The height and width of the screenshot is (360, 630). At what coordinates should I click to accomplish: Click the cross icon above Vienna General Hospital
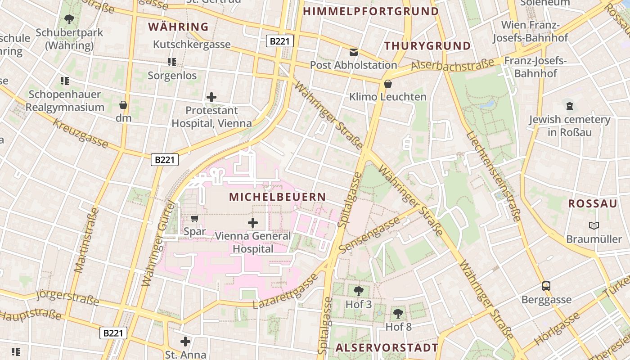click(x=253, y=222)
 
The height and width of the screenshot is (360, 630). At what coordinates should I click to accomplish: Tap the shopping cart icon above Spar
click(x=194, y=219)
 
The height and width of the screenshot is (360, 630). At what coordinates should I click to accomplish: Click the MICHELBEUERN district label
click(x=277, y=197)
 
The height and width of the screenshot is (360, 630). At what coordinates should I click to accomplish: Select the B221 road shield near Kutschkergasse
click(x=280, y=41)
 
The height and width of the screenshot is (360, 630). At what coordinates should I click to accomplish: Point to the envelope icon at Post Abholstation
click(x=354, y=52)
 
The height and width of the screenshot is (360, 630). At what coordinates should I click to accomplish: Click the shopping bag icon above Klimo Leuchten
click(x=387, y=84)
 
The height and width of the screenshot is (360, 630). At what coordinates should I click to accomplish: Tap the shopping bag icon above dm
click(x=123, y=105)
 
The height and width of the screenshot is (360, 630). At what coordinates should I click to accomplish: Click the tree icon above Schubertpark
click(x=69, y=19)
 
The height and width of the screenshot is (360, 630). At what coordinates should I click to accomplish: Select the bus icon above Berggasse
click(x=546, y=286)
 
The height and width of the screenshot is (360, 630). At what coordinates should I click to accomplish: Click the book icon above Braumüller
click(x=594, y=225)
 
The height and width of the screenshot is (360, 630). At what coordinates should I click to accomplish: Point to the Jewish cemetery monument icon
click(x=570, y=107)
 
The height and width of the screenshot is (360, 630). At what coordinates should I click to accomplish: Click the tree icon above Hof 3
click(x=359, y=291)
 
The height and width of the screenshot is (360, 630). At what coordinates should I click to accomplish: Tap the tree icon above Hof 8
click(x=398, y=313)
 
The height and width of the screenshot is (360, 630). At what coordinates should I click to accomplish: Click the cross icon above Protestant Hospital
click(x=211, y=97)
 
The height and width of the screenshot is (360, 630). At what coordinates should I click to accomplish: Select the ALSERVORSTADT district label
click(x=387, y=347)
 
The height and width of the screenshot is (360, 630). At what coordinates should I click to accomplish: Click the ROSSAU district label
click(x=592, y=203)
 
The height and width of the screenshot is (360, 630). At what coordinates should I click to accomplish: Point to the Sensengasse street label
click(x=369, y=235)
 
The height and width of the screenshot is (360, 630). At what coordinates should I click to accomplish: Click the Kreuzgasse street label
click(x=81, y=134)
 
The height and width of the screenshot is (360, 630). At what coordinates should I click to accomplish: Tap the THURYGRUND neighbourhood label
click(x=427, y=46)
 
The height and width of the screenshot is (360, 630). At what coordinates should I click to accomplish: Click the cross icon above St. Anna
click(x=185, y=342)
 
